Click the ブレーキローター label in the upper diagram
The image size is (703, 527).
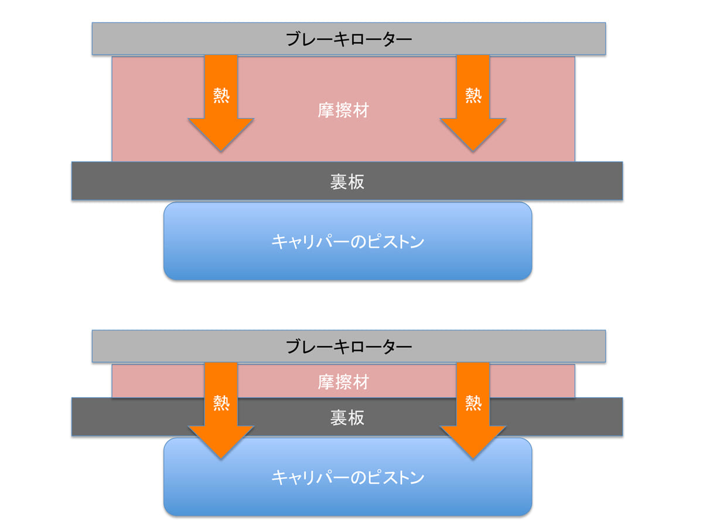point(349,39)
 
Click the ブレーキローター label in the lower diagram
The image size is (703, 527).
point(349,347)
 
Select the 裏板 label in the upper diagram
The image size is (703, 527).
point(347,182)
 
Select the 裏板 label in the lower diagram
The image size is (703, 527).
point(347,418)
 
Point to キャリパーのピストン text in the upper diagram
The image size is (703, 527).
point(347,241)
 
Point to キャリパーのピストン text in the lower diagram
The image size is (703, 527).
point(347,477)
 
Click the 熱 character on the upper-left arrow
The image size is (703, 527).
point(221,95)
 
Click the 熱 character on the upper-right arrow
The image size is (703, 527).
point(473,95)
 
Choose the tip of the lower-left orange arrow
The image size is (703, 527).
point(221,458)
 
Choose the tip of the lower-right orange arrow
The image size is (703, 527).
point(473,458)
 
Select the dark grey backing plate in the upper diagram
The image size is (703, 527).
point(146,182)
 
